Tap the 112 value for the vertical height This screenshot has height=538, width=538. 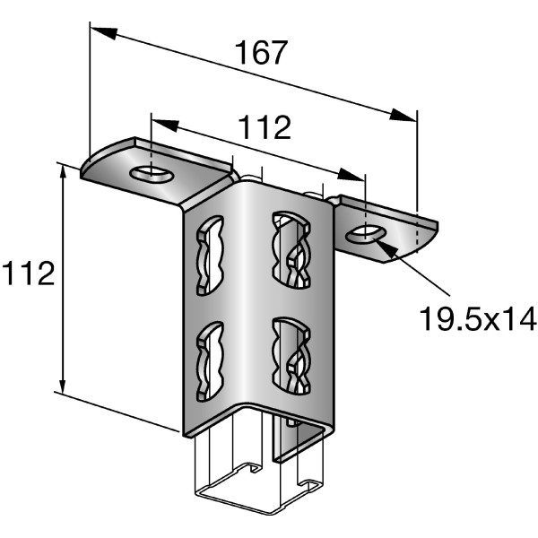[x=28, y=274]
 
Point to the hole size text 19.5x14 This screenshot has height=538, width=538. [x=477, y=317]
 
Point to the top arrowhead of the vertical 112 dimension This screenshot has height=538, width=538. [x=63, y=174]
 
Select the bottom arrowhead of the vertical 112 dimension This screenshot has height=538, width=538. [x=63, y=382]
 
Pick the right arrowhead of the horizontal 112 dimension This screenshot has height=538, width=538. [x=353, y=173]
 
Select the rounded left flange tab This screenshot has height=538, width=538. [x=108, y=162]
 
